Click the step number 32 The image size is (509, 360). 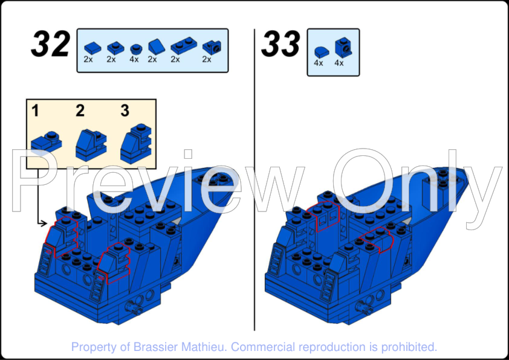[x=51, y=44]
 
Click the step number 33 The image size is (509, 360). [x=280, y=44]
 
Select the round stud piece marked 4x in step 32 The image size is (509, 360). [x=136, y=49]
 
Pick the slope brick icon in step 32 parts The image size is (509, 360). [x=157, y=47]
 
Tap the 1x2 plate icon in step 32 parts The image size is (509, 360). [x=183, y=47]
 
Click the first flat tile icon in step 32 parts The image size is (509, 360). [x=92, y=48]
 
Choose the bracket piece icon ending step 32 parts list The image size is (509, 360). [x=212, y=48]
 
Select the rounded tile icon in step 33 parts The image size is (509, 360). [x=322, y=52]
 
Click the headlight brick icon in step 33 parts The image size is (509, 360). [x=344, y=47]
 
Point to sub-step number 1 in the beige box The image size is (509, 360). [x=35, y=111]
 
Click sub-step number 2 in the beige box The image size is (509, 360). [x=80, y=111]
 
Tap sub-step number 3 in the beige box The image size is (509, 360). [x=125, y=111]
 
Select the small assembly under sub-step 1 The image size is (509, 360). [x=47, y=142]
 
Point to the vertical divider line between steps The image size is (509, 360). [x=254, y=180]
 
